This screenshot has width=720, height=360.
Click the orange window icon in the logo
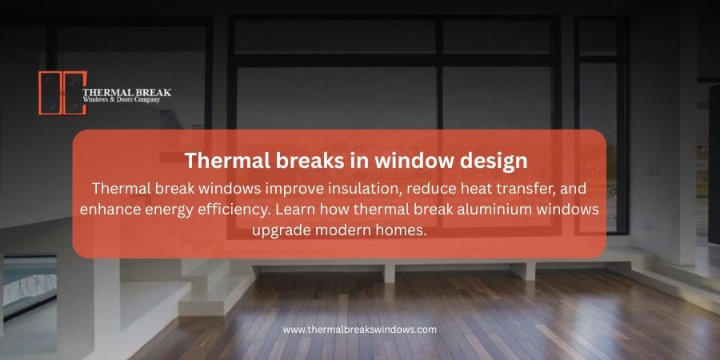(x=61, y=93)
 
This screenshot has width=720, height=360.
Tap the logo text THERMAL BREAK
(x=127, y=91)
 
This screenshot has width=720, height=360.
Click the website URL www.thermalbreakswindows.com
(x=359, y=329)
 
